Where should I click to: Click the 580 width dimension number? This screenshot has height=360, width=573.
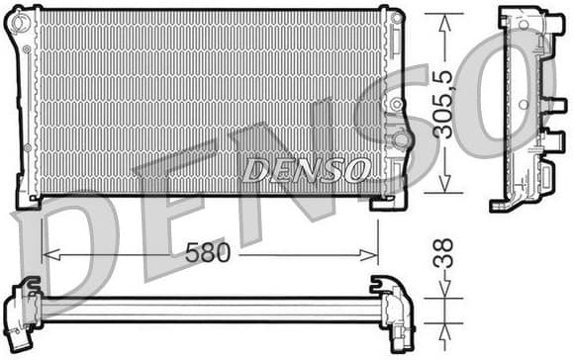pos(208,253)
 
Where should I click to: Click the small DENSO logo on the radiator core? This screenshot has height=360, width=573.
pos(307,170)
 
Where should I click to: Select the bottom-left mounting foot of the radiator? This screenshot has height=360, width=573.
pos(28,199)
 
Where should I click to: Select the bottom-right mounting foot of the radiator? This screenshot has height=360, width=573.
pos(386,201)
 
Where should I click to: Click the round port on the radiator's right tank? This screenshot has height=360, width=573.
pos(400,139)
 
